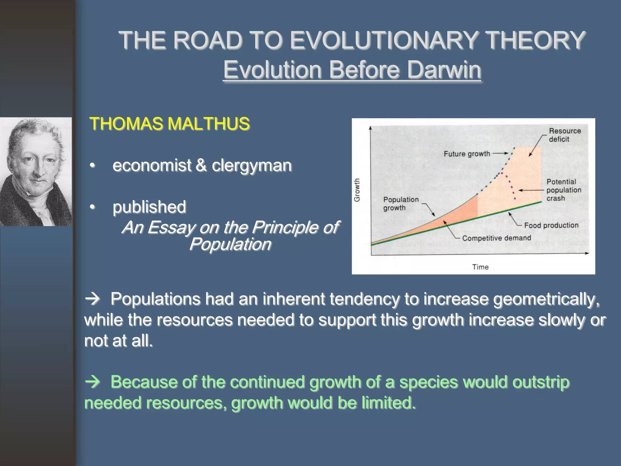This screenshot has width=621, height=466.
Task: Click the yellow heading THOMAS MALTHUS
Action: coord(170,124)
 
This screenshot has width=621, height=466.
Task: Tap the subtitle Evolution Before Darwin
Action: coord(352,70)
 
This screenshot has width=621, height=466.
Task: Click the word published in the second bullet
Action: coord(149,207)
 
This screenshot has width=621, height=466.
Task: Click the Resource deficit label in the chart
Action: coord(564,135)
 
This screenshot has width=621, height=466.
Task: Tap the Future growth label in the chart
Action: coord(467,154)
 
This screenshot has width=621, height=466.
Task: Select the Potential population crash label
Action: coord(563,190)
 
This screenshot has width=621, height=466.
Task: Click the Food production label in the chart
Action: coord(551,225)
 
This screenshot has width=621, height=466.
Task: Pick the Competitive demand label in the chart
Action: coord(496,238)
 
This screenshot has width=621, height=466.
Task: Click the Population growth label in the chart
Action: coord(400,204)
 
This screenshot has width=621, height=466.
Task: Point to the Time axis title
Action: coord(480,267)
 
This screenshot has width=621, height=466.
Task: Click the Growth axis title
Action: coord(357,190)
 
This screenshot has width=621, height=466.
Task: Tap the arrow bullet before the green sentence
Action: coord(92,382)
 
